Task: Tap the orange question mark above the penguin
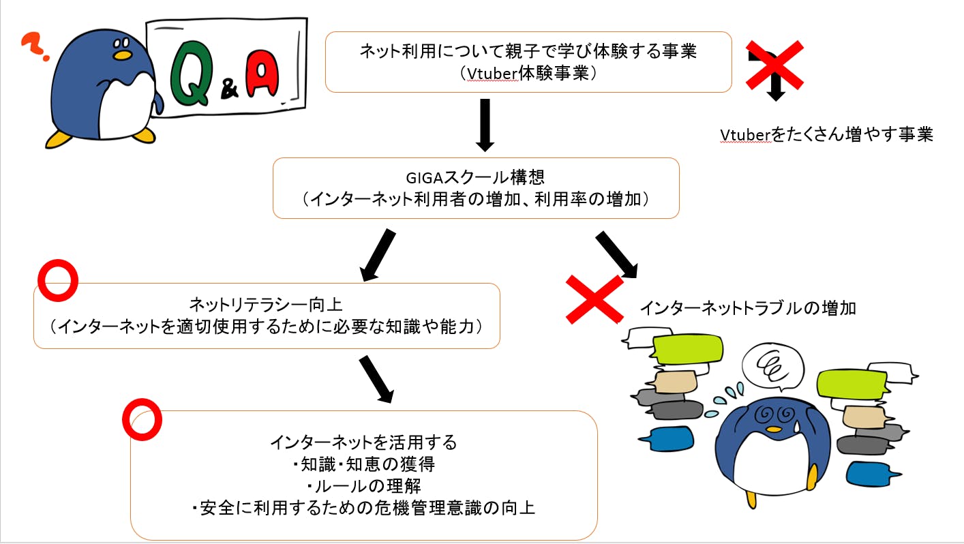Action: point(32,48)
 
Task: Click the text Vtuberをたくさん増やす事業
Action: point(826,135)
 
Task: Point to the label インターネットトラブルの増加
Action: point(747,308)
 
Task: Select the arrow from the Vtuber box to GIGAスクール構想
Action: point(484,125)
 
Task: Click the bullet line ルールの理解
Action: point(363,486)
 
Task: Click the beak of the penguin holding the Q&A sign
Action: point(121,54)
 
